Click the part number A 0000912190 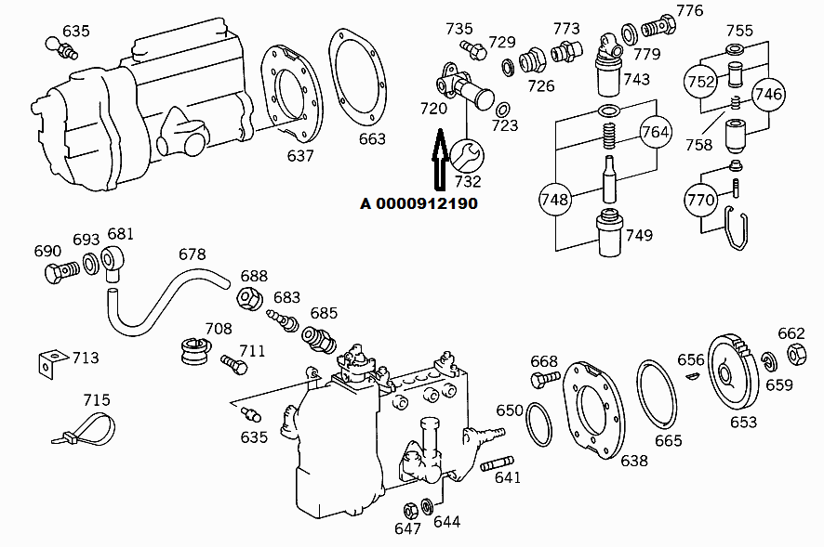(419, 203)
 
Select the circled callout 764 (655, 132)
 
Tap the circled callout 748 (554, 199)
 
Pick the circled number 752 (701, 82)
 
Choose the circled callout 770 (700, 199)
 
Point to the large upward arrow (439, 160)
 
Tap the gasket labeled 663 (357, 81)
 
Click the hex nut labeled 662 (796, 354)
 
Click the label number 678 (192, 254)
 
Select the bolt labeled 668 (543, 379)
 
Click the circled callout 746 (768, 94)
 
